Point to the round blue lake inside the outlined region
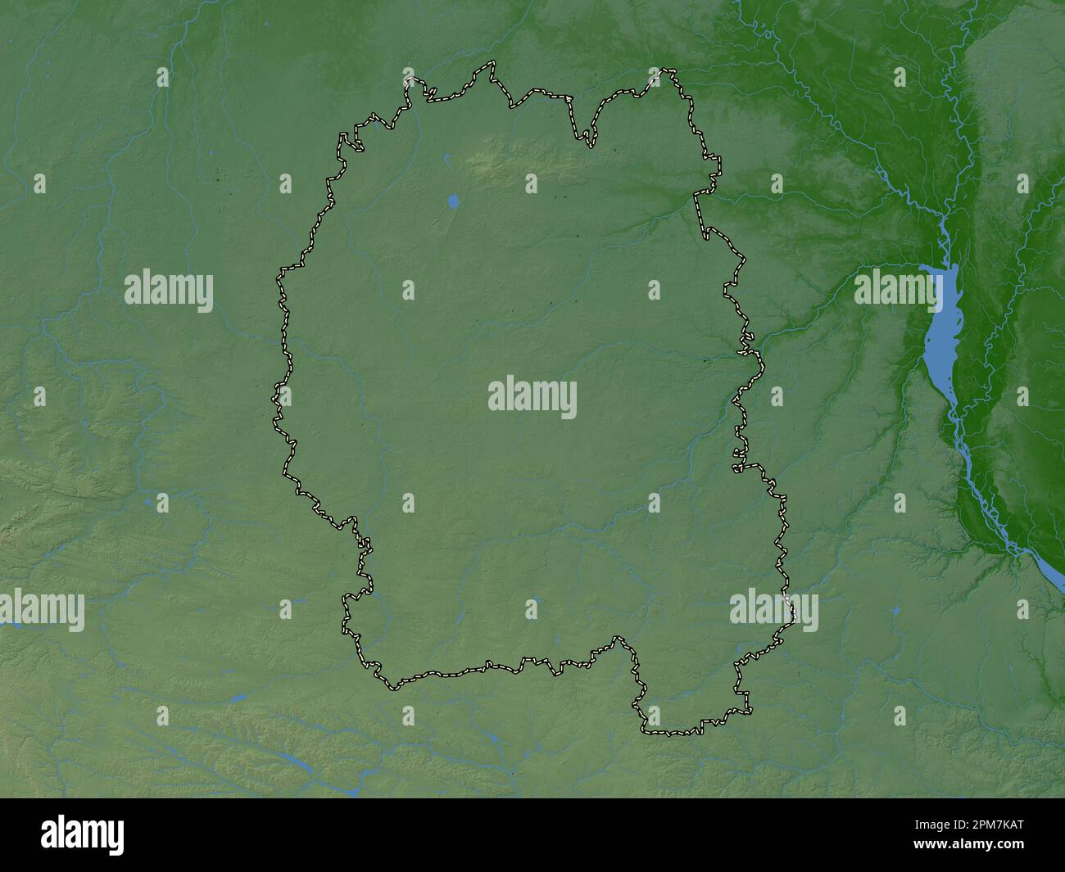pyautogui.click(x=453, y=200)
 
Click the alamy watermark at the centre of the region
pyautogui.click(x=532, y=397)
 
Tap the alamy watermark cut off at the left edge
pyautogui.click(x=41, y=610)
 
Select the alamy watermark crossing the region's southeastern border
pyautogui.click(x=773, y=610)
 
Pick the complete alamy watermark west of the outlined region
pyautogui.click(x=169, y=291)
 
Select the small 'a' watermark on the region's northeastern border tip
pyautogui.click(x=655, y=78)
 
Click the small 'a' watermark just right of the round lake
pyautogui.click(x=531, y=183)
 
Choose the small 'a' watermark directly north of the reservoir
pyautogui.click(x=900, y=78)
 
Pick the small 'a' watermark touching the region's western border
pyautogui.click(x=284, y=396)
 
